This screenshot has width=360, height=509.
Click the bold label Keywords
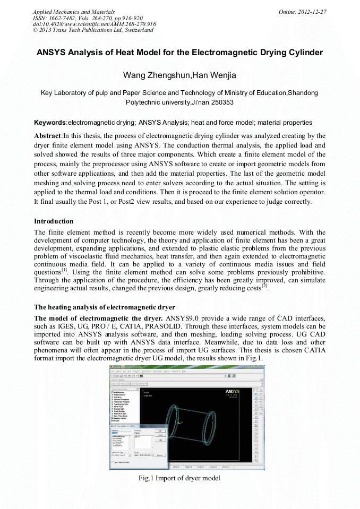(x=50, y=123)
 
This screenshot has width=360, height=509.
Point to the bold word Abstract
(x=48, y=135)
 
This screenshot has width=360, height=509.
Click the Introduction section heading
(x=54, y=221)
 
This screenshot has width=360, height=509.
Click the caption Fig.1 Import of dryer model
(x=179, y=478)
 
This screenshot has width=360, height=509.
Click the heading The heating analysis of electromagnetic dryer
(x=104, y=307)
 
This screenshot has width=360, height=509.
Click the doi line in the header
(x=94, y=24)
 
